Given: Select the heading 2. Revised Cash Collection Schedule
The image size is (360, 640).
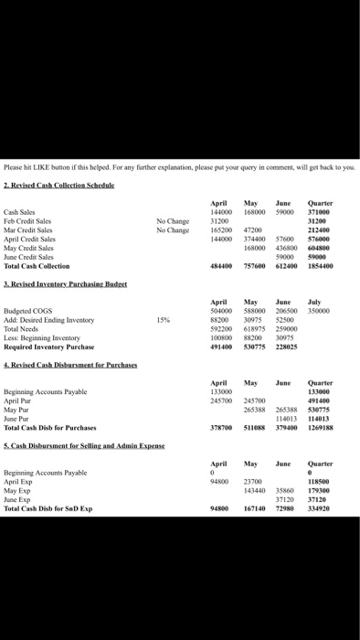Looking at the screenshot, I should pos(58,185).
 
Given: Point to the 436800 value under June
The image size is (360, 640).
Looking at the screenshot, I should pos(286,247).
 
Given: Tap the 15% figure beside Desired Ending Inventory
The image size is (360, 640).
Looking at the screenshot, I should pos(164,320).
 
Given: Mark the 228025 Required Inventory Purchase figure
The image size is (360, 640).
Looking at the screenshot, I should pos(286,347).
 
